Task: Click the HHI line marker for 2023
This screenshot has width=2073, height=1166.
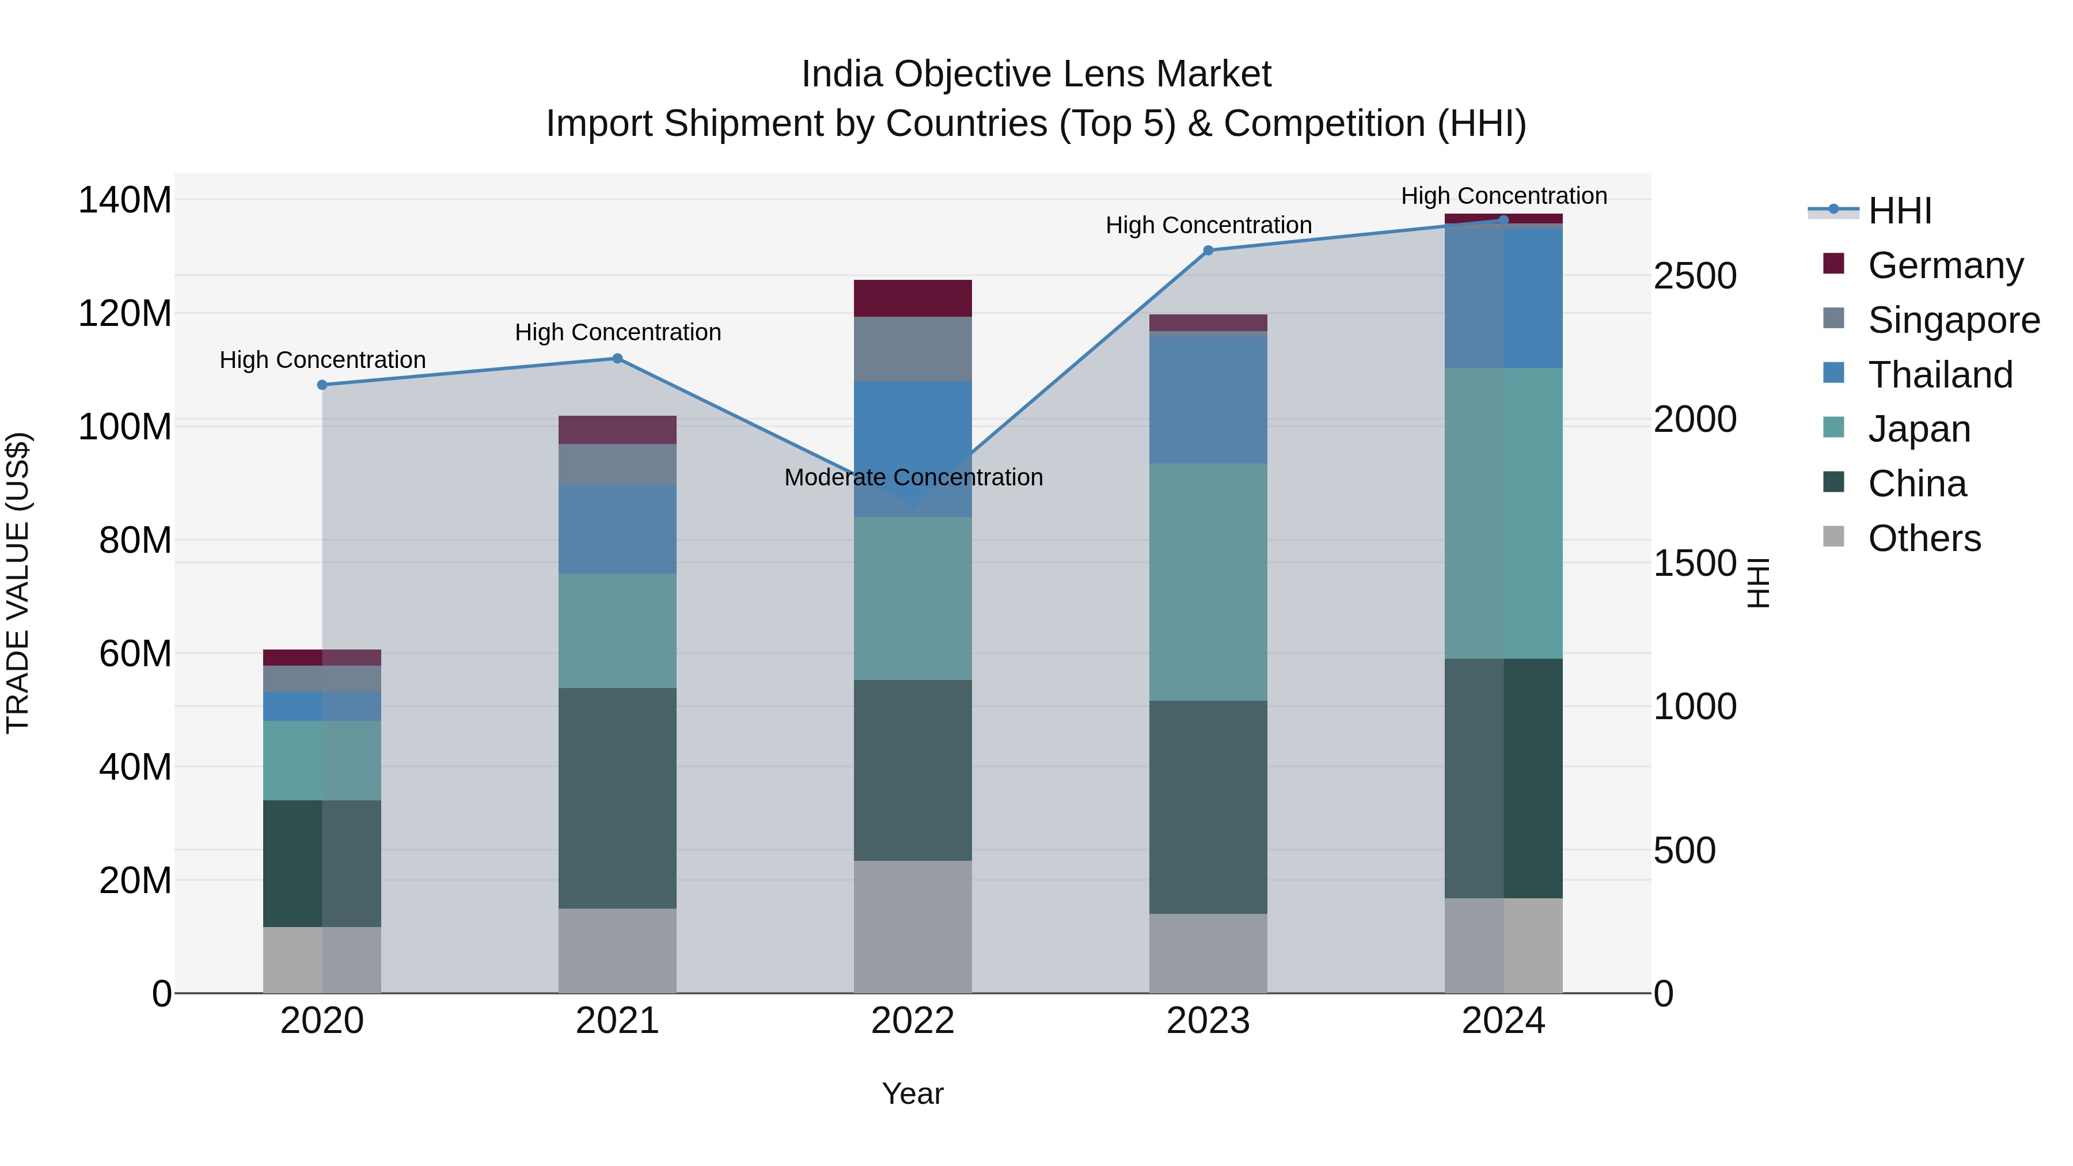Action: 1208,250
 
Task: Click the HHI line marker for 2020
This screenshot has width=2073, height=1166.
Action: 322,385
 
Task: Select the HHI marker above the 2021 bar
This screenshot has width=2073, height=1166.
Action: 617,358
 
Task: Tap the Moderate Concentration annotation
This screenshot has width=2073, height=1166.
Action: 913,477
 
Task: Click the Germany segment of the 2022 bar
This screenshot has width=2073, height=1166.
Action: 913,298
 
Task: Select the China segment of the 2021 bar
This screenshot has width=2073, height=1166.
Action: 617,797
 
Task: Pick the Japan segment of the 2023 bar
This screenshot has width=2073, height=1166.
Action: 1208,581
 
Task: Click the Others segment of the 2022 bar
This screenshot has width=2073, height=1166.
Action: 913,926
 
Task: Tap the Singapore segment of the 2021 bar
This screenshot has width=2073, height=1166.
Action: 617,464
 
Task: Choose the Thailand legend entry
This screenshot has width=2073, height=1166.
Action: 1939,375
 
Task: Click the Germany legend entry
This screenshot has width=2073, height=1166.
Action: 1944,265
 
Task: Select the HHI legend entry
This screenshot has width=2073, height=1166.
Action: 1899,211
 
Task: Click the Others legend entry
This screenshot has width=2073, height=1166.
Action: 1923,538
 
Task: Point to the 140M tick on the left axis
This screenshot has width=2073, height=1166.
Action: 125,200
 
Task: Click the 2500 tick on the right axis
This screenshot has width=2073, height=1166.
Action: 1695,276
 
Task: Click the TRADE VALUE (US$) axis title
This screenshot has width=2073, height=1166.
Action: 18,583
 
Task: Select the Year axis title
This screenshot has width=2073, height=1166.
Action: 913,1093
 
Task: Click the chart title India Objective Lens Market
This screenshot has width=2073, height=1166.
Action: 1036,74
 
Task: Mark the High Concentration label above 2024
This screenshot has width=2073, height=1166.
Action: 1504,196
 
